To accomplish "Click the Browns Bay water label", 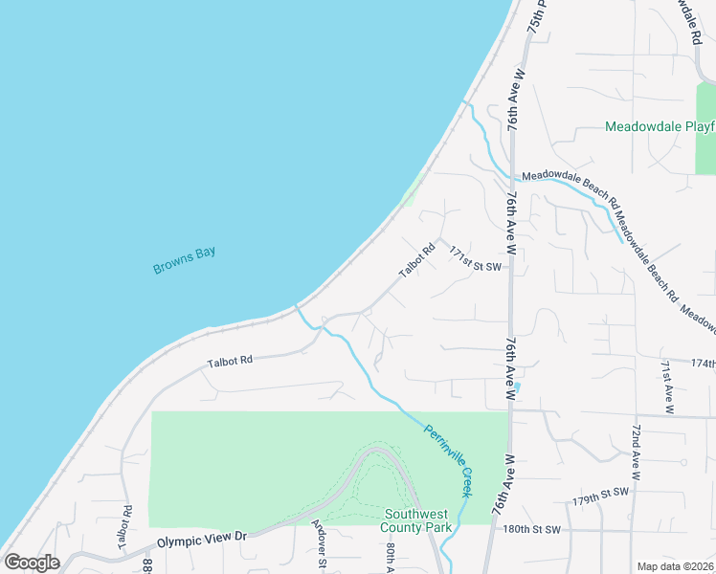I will tap(185, 260).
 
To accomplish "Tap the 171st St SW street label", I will tap(476, 265).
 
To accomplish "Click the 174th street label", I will tap(702, 364).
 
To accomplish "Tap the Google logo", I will tap(32, 563).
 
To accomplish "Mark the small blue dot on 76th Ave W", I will tap(516, 386).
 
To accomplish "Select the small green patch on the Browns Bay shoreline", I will tap(410, 195).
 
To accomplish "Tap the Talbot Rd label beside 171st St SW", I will tap(416, 260).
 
